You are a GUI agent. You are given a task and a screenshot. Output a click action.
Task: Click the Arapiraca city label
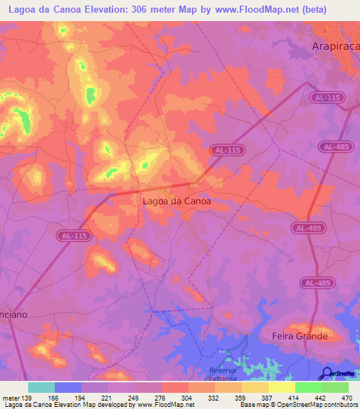tap(335, 46)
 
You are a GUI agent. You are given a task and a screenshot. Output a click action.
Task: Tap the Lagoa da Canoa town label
tap(176, 200)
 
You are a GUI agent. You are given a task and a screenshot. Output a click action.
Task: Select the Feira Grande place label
tap(300, 336)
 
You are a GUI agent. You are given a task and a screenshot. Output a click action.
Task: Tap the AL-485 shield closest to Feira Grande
tap(316, 283)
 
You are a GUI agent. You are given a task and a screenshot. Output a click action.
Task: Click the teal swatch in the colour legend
tap(41, 387)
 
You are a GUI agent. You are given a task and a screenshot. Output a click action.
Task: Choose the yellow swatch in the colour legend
tap(282, 387)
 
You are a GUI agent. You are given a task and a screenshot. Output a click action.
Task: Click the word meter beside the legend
tap(10, 397)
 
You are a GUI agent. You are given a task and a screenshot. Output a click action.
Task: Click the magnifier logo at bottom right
tap(327, 373)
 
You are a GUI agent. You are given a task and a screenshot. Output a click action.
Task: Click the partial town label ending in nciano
tap(13, 315)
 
